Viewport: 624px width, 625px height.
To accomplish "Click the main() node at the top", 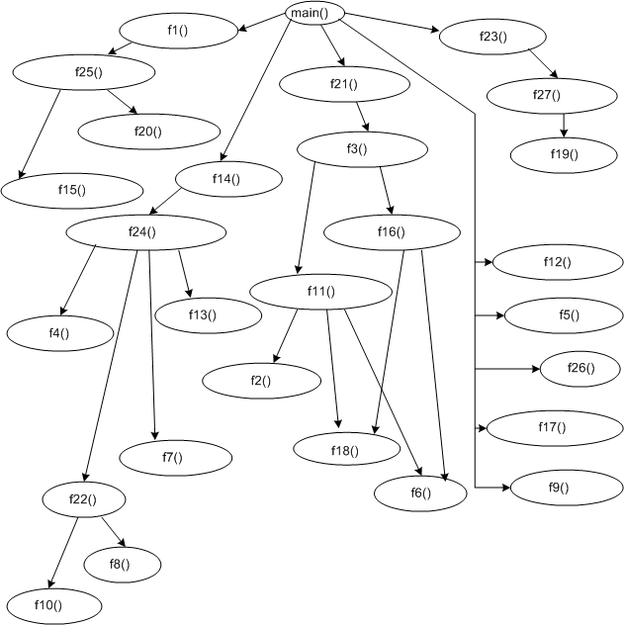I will [315, 13].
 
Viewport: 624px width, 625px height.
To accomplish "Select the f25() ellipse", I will [84, 71].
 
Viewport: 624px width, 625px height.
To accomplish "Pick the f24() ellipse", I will [142, 231].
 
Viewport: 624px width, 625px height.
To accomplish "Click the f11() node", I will [320, 292].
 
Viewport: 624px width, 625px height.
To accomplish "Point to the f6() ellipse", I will [418, 492].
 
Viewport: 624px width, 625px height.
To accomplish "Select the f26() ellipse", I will [580, 368].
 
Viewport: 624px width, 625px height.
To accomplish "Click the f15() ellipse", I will [72, 189].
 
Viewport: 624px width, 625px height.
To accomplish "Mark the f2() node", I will [261, 380].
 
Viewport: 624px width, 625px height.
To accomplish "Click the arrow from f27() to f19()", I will [563, 123].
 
